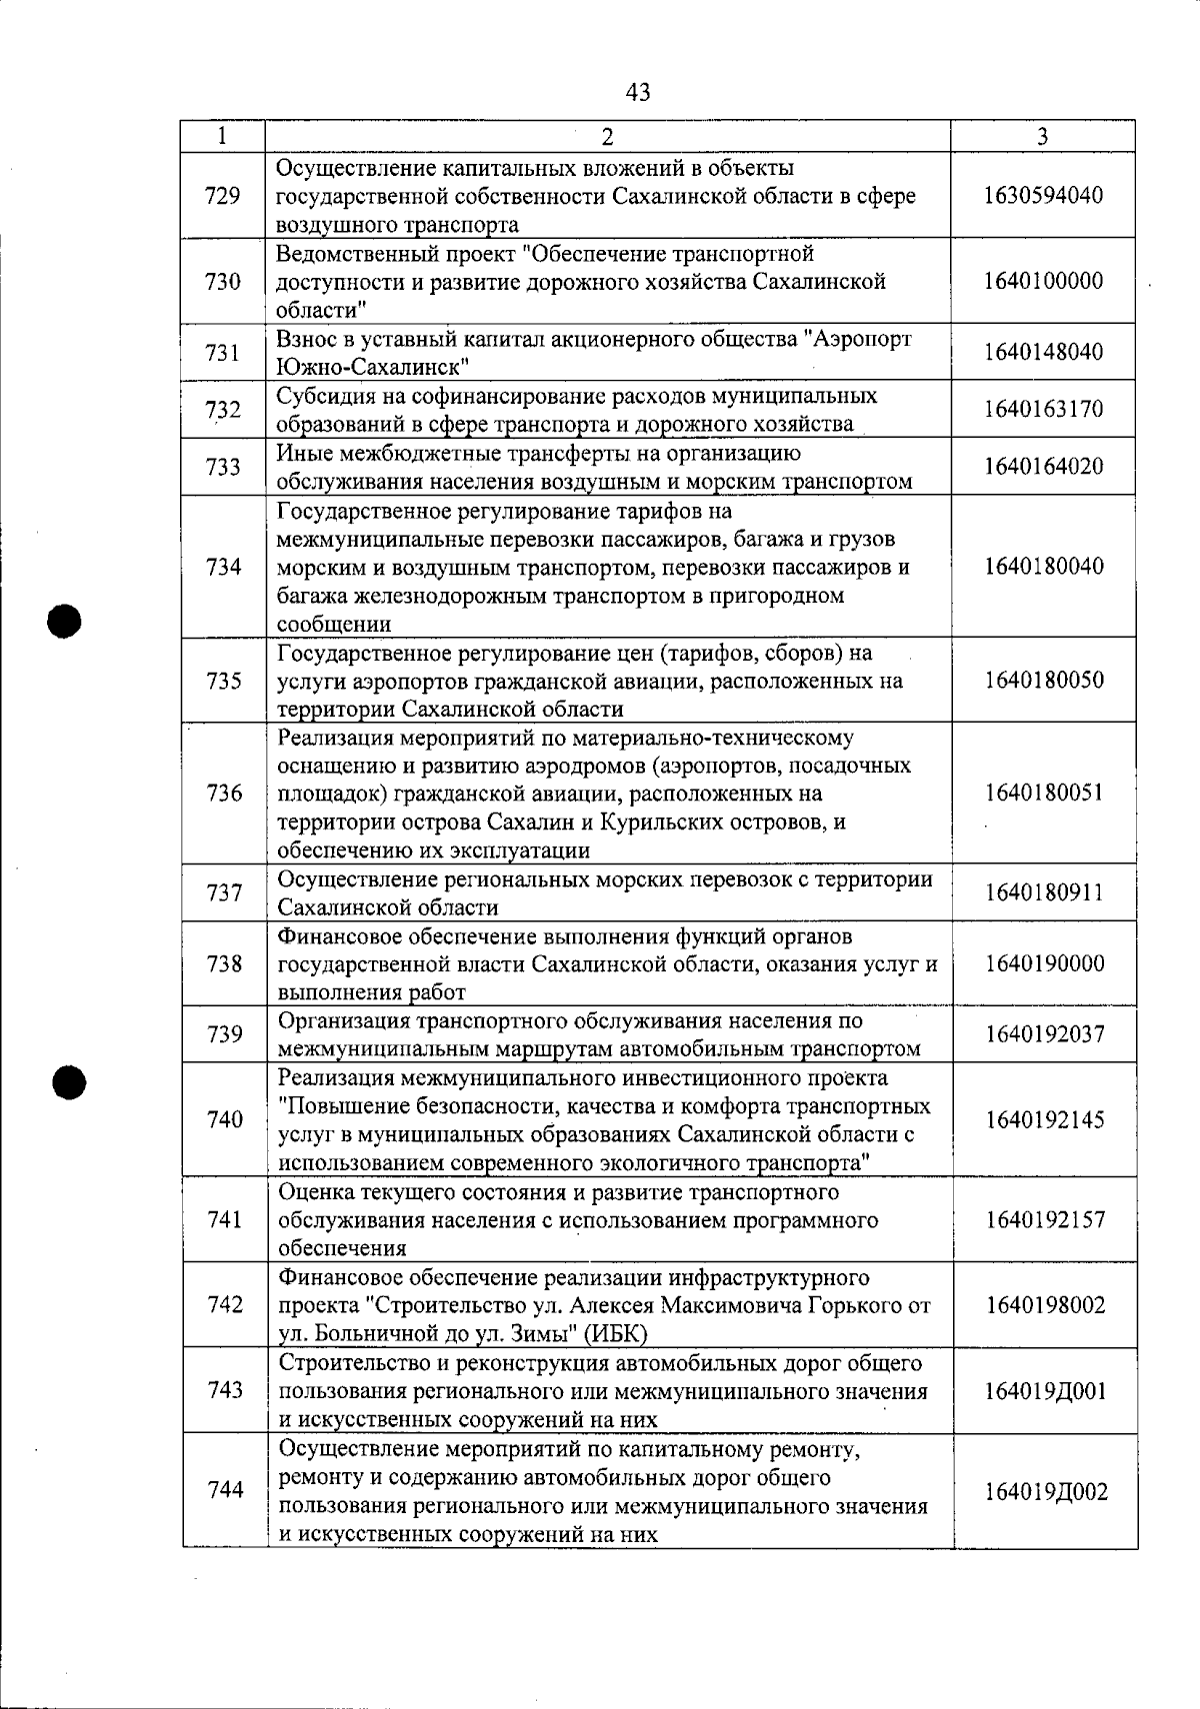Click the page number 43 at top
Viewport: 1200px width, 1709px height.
click(637, 93)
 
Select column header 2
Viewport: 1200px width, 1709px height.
click(608, 137)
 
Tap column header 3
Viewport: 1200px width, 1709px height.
click(1042, 137)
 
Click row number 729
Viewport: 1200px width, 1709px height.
click(222, 196)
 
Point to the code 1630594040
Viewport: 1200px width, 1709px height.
click(1043, 195)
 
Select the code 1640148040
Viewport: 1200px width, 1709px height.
click(1043, 352)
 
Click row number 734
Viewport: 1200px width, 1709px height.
click(223, 568)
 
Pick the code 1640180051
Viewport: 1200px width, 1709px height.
click(1044, 794)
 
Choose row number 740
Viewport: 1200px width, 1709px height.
click(225, 1119)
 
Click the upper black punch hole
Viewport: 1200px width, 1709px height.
click(62, 620)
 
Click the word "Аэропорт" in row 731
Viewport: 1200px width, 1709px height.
click(859, 339)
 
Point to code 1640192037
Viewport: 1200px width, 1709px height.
click(1044, 1034)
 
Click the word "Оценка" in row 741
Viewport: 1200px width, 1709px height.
click(310, 1192)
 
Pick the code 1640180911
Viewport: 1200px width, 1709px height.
click(1044, 892)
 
